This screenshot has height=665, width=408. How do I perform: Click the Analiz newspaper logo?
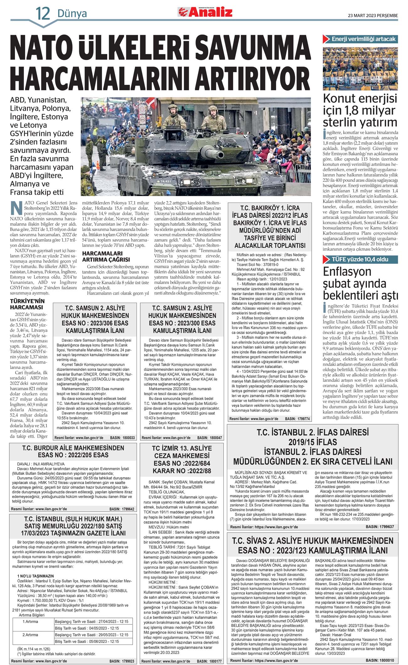tap(206, 12)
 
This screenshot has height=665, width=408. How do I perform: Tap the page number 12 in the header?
tap(43, 14)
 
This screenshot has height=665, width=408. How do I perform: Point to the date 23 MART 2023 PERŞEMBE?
tap(373, 15)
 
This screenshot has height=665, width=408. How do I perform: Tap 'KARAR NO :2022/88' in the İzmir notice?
tap(182, 471)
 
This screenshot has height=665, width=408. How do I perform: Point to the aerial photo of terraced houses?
tap(360, 68)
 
